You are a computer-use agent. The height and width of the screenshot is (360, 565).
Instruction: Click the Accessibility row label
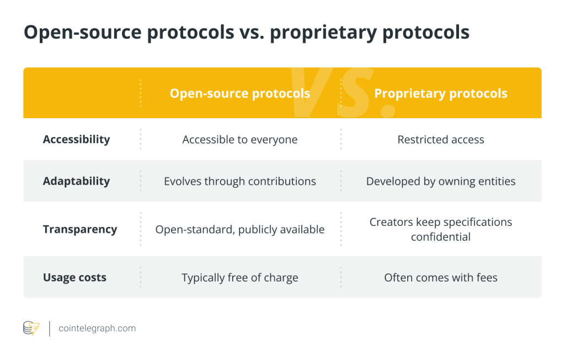[x=76, y=140]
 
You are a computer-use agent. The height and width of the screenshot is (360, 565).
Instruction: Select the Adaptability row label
[x=76, y=181]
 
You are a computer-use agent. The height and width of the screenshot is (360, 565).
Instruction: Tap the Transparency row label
[x=80, y=229]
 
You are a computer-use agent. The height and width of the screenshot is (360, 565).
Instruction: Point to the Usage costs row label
[x=74, y=278]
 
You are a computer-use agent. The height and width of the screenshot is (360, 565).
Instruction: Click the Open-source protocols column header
[x=239, y=93]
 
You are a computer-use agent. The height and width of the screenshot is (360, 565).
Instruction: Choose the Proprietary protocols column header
[x=441, y=93]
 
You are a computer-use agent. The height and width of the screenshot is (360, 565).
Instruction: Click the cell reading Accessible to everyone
[x=239, y=140]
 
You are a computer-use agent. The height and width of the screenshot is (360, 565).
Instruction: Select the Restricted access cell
[x=441, y=140]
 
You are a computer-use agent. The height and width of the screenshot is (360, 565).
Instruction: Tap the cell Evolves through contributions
[x=239, y=181]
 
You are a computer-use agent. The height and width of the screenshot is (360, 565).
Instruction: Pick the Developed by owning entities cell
[x=441, y=181]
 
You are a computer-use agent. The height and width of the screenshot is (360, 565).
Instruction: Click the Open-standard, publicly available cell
[x=239, y=230]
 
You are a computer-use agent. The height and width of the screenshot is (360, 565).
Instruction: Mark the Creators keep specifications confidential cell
[x=441, y=229]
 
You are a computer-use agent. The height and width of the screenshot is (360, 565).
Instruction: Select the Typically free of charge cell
[x=239, y=278]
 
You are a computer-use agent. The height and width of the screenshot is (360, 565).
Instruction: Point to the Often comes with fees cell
[x=441, y=278]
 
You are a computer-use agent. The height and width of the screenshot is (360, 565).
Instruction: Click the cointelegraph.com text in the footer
[x=97, y=329]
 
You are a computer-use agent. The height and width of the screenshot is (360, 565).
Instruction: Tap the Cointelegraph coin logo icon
[x=31, y=329]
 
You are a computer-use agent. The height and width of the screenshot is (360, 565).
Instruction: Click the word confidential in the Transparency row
[x=441, y=237]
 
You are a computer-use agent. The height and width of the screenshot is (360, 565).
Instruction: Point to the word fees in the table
[x=486, y=278]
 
